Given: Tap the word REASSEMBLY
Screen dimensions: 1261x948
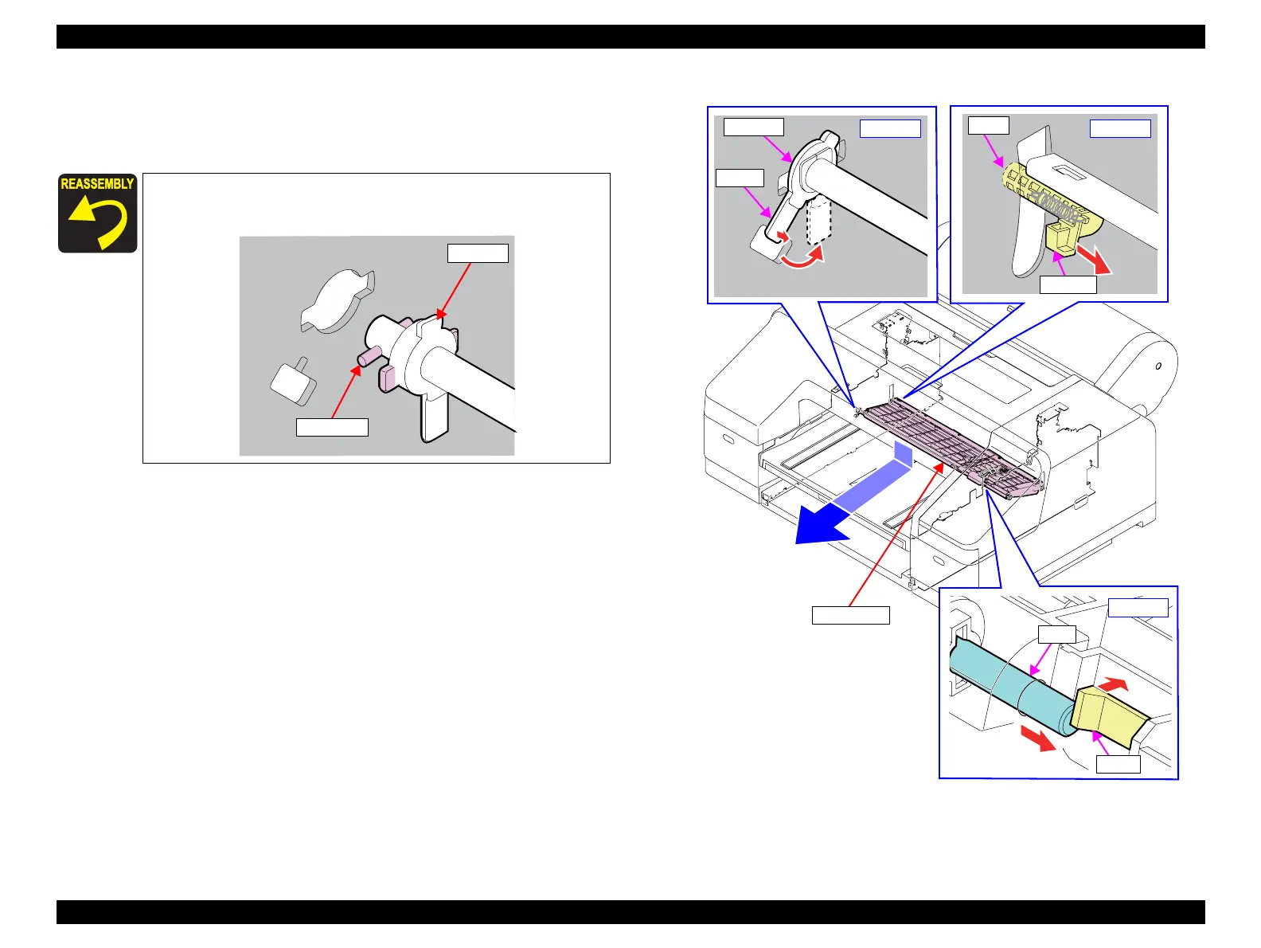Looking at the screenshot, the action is pyautogui.click(x=97, y=184).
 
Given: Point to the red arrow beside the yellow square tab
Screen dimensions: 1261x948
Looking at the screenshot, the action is pyautogui.click(x=1094, y=259).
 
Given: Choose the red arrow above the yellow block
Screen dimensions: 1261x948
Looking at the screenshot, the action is pyautogui.click(x=1113, y=685).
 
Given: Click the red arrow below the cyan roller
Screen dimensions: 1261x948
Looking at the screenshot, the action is pyautogui.click(x=1038, y=738).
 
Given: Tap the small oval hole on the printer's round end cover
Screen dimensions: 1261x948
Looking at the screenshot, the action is pyautogui.click(x=1158, y=366).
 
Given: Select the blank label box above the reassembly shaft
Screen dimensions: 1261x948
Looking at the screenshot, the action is pyautogui.click(x=478, y=253).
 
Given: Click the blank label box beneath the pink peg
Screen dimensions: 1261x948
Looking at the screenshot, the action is pyautogui.click(x=332, y=427).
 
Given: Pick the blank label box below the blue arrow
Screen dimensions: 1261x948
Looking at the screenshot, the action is pyautogui.click(x=851, y=615).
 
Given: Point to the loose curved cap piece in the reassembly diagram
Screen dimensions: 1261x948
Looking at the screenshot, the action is pyautogui.click(x=338, y=301).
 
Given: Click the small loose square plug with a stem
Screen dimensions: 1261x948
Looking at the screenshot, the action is pyautogui.click(x=294, y=381).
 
